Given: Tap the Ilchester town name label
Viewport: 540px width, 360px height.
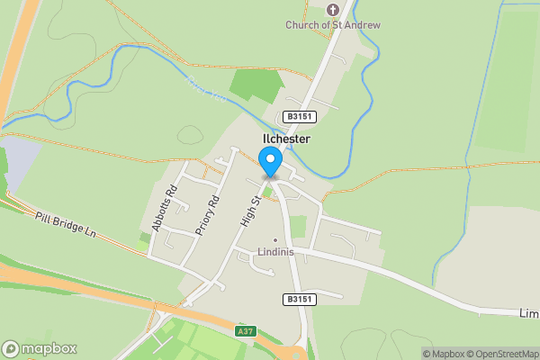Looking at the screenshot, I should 286,139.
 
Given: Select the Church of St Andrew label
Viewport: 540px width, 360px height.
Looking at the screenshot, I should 333,24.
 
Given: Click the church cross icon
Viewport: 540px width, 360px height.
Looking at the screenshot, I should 332,10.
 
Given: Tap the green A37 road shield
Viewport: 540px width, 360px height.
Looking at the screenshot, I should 246,331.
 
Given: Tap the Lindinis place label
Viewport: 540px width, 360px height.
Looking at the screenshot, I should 276,251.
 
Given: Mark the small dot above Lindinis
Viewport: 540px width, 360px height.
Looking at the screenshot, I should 276,239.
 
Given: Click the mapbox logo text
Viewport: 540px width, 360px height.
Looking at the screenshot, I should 49,348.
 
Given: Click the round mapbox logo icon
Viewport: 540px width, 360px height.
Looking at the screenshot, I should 12,348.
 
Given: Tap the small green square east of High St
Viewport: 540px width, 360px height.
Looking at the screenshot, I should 298,226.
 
